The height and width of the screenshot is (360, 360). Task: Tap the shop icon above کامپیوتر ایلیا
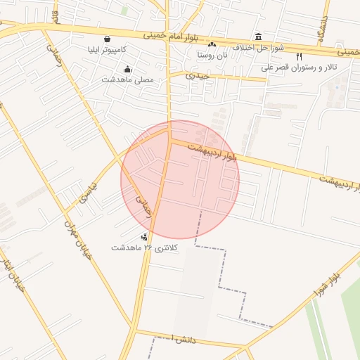106,39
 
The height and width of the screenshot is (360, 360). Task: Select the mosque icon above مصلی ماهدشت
127,69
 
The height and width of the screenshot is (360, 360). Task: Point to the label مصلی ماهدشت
127,79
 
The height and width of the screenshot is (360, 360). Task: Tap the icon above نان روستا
212,44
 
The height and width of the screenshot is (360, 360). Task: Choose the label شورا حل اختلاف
260,47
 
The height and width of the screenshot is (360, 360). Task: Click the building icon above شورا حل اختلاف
259,37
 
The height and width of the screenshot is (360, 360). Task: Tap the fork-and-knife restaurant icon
299,56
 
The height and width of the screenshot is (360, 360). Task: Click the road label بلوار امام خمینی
164,34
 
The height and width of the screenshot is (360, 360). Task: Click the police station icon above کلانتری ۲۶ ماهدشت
144,237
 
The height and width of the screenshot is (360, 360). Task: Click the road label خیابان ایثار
13,273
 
